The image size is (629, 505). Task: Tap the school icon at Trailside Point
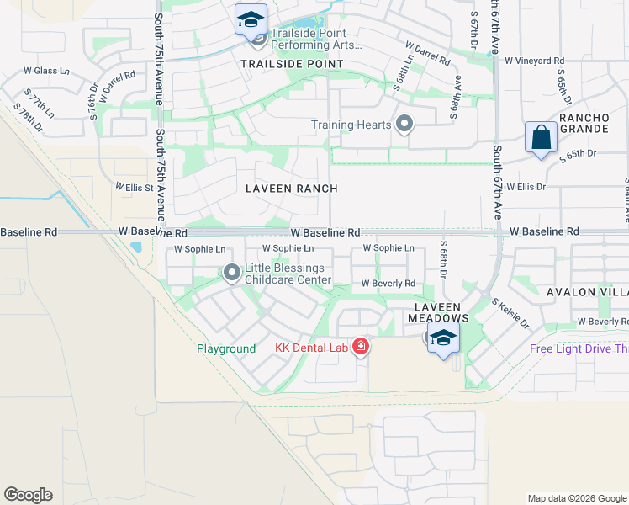[x=250, y=19]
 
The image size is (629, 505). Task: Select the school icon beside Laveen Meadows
[x=443, y=339]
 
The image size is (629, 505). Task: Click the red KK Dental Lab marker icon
[x=360, y=346]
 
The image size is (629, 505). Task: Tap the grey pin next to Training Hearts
[x=404, y=125]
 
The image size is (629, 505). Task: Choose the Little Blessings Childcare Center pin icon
[x=231, y=272]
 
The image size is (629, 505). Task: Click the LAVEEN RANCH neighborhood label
[x=291, y=189]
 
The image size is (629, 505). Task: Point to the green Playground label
[x=226, y=348]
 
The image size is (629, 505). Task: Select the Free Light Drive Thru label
[x=579, y=348]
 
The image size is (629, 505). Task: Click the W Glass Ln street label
[x=58, y=71]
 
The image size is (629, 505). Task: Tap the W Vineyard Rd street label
[x=534, y=61]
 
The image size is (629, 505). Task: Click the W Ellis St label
[x=135, y=187]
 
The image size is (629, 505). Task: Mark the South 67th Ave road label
[x=497, y=182]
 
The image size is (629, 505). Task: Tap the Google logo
[x=28, y=494]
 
